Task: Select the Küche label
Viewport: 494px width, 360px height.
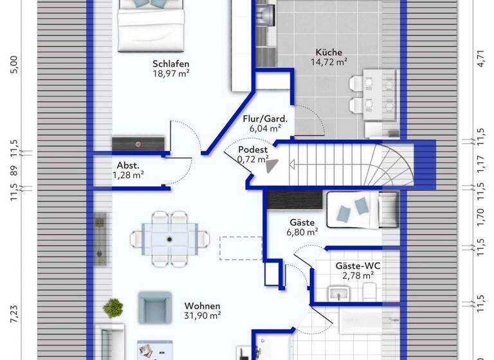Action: coord(328,52)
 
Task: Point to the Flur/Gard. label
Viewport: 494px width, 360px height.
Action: coord(265,118)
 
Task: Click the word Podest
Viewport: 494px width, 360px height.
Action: coord(253,149)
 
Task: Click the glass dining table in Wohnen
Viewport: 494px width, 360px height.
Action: coord(170,239)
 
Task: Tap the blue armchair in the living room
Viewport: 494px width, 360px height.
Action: coord(155,308)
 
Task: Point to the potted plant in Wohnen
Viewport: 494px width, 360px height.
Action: coord(113,307)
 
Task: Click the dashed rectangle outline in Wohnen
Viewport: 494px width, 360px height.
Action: coord(241,248)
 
